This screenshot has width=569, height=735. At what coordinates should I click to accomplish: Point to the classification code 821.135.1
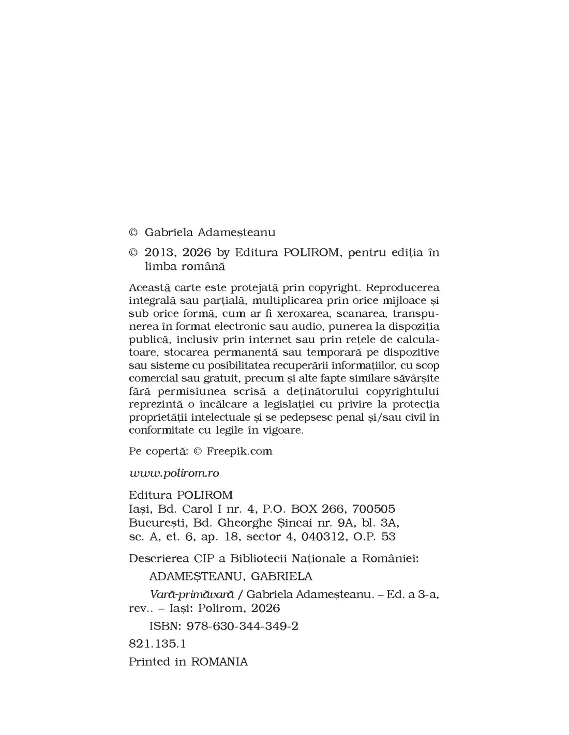click(157, 644)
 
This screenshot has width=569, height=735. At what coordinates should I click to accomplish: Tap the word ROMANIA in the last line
click(219, 662)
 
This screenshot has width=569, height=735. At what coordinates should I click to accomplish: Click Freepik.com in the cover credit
click(239, 451)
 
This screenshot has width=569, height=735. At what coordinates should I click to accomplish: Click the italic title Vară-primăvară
click(188, 594)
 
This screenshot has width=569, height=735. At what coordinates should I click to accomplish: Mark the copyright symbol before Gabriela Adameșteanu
click(133, 233)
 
